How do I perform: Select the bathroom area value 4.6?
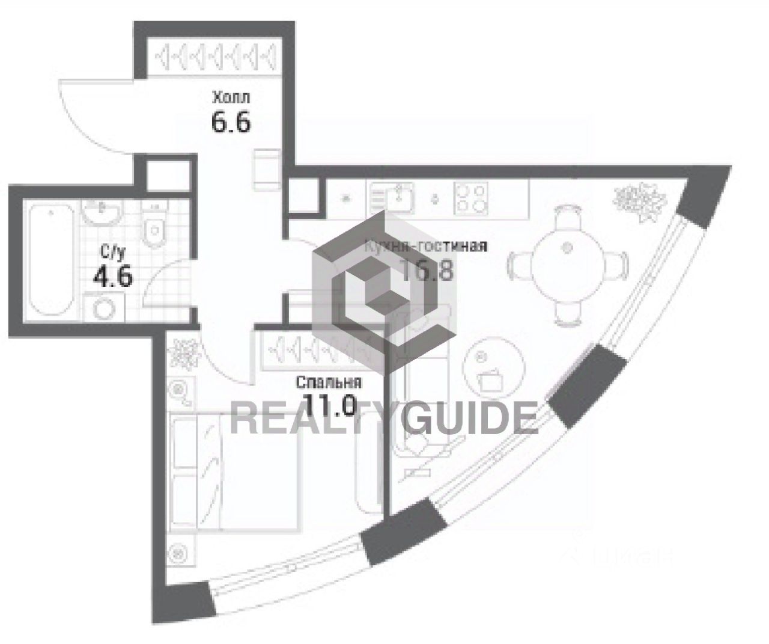click(112, 277)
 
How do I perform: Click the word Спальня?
click(329, 383)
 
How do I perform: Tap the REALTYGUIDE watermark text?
click(384, 419)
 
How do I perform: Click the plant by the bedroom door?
click(184, 354)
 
